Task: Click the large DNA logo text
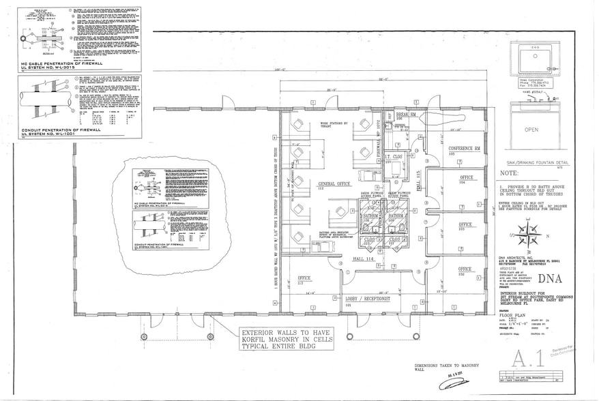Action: point(550,278)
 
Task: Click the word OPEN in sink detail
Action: point(531,129)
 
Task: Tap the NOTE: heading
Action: point(509,174)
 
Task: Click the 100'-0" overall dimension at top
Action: point(278,70)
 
